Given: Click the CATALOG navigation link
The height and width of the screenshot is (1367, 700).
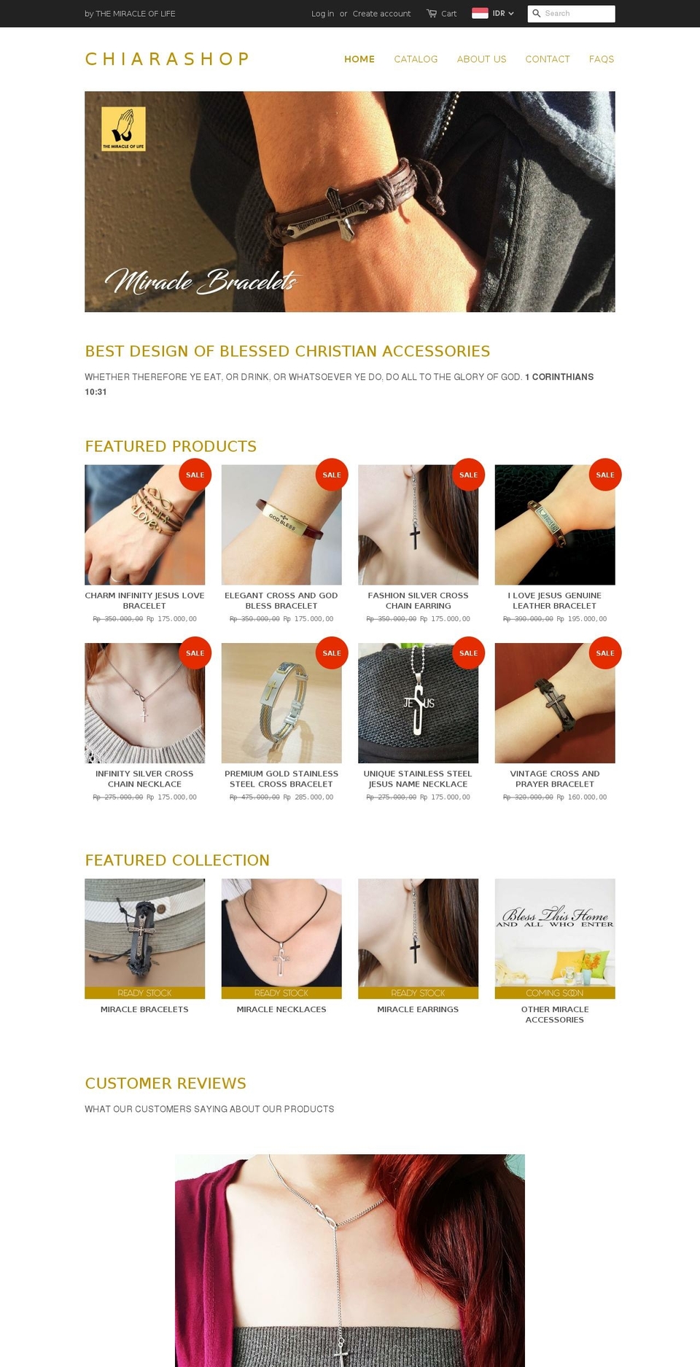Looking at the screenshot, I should pos(416,59).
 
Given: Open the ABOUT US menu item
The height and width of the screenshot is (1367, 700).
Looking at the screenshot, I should pos(481,59).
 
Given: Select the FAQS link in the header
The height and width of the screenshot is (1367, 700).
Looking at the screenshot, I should pos(601,59).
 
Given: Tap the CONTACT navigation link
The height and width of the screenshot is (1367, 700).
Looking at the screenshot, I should pos(547,59).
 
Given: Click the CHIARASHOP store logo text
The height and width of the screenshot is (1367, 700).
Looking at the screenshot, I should pos(167,59).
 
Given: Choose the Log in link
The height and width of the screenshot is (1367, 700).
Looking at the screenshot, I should pos(322,13).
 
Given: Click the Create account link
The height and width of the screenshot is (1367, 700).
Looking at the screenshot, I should pos(381,13).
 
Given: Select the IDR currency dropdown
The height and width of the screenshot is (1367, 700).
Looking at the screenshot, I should pos(494,13).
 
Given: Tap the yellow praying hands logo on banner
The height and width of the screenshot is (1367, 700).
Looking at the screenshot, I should pos(123,128).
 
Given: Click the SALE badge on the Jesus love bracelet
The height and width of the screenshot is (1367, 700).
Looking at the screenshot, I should pos(195,475).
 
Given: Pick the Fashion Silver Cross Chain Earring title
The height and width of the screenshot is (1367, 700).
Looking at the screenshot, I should pos(418,601).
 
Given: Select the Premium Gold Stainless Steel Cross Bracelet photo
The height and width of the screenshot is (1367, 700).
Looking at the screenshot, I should pos(281,703).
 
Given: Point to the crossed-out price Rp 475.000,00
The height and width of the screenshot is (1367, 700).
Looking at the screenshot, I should pos(254,798).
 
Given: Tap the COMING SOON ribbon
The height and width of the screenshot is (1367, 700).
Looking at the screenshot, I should pos(554,993).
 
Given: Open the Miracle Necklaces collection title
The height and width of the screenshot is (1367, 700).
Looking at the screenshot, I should pos(281,1010).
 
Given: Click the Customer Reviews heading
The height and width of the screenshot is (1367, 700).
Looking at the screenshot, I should pos(166,1083).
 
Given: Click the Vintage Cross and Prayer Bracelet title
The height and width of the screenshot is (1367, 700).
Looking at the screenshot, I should pos(554,779).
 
